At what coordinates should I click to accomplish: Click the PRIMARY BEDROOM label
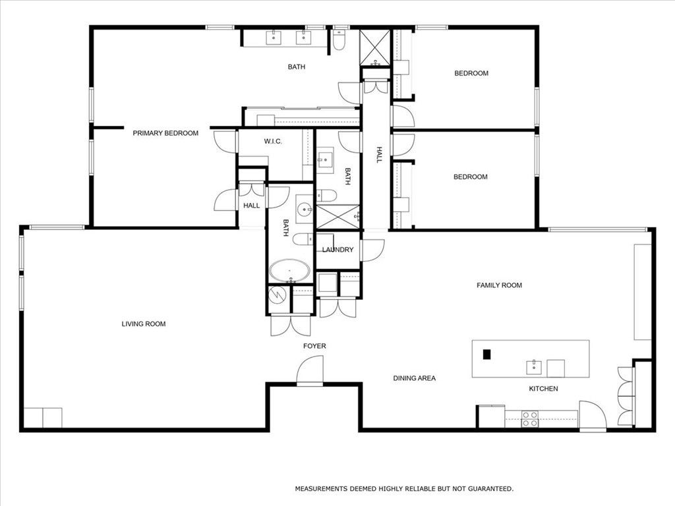pyautogui.click(x=165, y=133)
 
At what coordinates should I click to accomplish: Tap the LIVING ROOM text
pyautogui.click(x=144, y=323)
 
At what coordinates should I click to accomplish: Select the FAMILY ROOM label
pyautogui.click(x=499, y=285)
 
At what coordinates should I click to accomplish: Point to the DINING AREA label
pyautogui.click(x=414, y=378)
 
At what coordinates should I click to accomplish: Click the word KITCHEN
pyautogui.click(x=543, y=389)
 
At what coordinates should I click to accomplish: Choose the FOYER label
pyautogui.click(x=314, y=346)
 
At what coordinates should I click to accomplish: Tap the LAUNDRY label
pyautogui.click(x=337, y=250)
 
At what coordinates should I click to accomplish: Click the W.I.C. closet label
pyautogui.click(x=274, y=141)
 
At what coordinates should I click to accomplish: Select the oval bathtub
pyautogui.click(x=289, y=271)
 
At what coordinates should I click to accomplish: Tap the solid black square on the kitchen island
pyautogui.click(x=487, y=354)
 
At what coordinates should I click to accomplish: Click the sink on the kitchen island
pyautogui.click(x=533, y=367)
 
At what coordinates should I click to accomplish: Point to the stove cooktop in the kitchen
pyautogui.click(x=530, y=419)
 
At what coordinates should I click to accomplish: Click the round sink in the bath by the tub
pyautogui.click(x=305, y=210)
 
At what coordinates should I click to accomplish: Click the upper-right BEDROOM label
pyautogui.click(x=471, y=73)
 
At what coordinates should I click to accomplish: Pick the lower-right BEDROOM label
pyautogui.click(x=471, y=177)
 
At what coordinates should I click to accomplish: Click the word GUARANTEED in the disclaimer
pyautogui.click(x=488, y=489)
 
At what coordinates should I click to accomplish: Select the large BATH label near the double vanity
pyautogui.click(x=297, y=67)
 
